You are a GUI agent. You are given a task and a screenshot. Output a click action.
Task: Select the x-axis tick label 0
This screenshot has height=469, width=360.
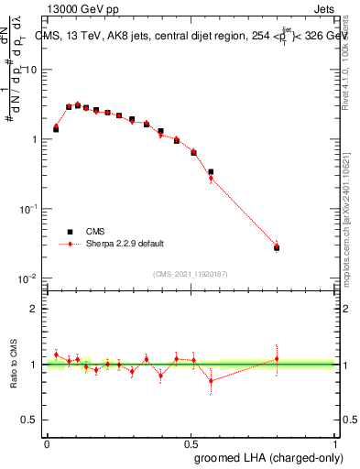(47, 442)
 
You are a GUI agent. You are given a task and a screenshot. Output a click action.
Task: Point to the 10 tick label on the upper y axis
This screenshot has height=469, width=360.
(31, 71)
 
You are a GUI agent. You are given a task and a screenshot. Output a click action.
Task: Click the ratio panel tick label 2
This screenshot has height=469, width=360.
(34, 309)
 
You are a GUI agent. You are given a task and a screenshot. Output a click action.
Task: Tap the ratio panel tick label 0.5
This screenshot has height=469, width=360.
(29, 420)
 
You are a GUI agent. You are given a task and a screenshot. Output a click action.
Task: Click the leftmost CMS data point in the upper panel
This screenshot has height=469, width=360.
(56, 129)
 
